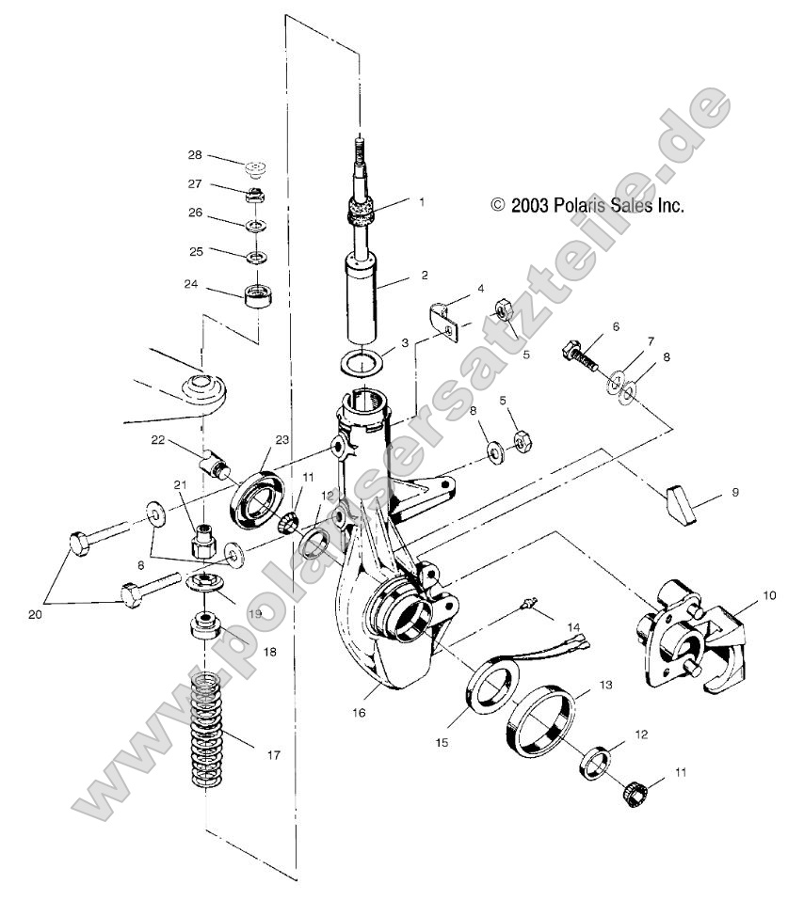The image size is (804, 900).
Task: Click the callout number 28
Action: coord(194,155)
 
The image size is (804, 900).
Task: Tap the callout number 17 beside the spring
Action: coord(273,754)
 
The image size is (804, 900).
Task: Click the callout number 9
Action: coord(736,492)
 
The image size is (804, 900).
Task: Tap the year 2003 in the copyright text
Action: coord(531,204)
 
